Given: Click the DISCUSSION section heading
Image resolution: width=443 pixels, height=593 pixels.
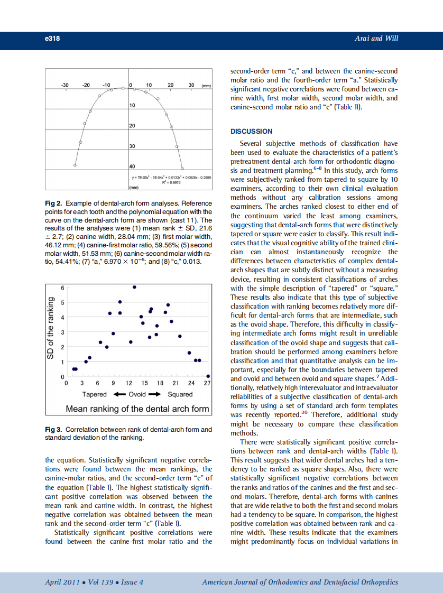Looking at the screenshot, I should pos(251,131).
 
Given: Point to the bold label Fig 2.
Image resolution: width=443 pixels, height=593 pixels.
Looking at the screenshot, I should pos(54,203).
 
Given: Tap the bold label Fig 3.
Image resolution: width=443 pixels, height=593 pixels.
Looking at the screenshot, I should pos(54,430).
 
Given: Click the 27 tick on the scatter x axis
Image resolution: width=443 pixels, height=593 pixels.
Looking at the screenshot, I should pos(207,383).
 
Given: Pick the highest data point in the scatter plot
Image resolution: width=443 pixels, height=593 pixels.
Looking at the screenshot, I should pos(134,287).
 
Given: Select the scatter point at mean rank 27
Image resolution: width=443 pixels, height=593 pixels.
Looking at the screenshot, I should pos(208,376).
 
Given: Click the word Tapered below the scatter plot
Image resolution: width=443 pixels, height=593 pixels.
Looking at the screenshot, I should pos(94,394).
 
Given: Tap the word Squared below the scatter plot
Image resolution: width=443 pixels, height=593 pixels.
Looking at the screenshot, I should pos(180,394).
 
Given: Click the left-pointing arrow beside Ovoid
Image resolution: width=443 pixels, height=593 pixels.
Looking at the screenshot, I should pos(119,394).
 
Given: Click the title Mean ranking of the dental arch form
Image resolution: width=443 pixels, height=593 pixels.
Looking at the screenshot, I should pos(137,409).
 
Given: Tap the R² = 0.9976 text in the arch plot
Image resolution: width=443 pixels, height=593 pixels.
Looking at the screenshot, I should pos(170,182).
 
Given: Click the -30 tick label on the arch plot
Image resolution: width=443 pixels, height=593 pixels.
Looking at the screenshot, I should pos(65,85).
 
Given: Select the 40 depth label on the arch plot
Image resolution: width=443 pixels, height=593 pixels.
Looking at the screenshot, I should pos(133,166).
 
